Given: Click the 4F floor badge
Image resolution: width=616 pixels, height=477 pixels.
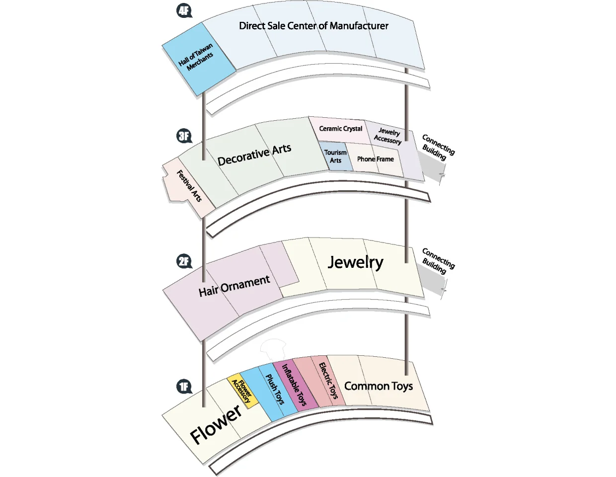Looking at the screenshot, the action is point(184,11).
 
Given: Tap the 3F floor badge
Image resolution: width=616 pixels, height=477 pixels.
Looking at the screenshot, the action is point(184,136).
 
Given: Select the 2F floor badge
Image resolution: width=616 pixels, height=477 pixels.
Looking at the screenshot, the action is point(184,261).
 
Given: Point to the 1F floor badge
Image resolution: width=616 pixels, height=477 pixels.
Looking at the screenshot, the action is point(184,386).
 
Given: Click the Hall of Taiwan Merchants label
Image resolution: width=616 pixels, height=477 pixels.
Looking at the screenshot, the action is point(196,57).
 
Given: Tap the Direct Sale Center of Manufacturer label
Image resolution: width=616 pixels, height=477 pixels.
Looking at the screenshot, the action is point(313,26).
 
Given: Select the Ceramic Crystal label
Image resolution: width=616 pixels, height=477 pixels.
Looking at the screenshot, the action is point(340,129).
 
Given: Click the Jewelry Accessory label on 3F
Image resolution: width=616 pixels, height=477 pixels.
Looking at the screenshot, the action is point(388,136).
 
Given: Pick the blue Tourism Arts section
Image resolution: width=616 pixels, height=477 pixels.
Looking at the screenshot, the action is point(336,156).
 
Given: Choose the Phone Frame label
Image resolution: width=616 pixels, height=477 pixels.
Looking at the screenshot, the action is point(376,159).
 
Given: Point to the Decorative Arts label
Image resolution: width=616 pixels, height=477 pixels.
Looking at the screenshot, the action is point(254,155).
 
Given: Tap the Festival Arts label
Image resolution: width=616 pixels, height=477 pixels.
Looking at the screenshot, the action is point(189,186).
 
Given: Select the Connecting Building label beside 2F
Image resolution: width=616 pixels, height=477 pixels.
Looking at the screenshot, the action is point(438,261).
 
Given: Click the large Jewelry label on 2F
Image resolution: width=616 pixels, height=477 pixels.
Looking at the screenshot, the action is point(356,262).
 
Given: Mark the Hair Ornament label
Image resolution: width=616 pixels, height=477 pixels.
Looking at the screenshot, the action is point(234,286).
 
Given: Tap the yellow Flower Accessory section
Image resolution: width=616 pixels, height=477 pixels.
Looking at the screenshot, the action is point(242,391).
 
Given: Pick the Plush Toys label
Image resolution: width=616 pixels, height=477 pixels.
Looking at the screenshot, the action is point(274,390).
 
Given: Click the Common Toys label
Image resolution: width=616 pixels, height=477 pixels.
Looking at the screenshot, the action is point(379,386).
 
